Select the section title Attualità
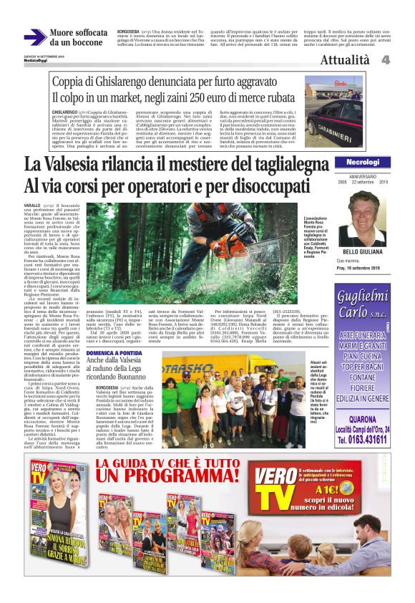(346, 60)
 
